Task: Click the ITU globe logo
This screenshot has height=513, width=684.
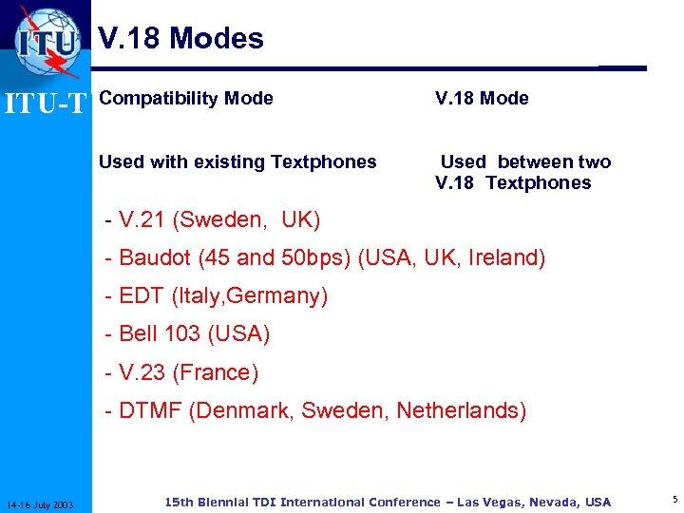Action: click(x=47, y=42)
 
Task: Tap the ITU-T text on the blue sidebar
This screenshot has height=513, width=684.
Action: click(x=46, y=101)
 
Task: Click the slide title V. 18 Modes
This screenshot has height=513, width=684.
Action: click(x=181, y=38)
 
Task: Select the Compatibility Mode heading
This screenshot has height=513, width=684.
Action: click(x=186, y=98)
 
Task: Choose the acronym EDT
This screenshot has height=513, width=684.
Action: click(x=142, y=296)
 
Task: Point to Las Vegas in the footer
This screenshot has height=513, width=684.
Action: click(x=493, y=502)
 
